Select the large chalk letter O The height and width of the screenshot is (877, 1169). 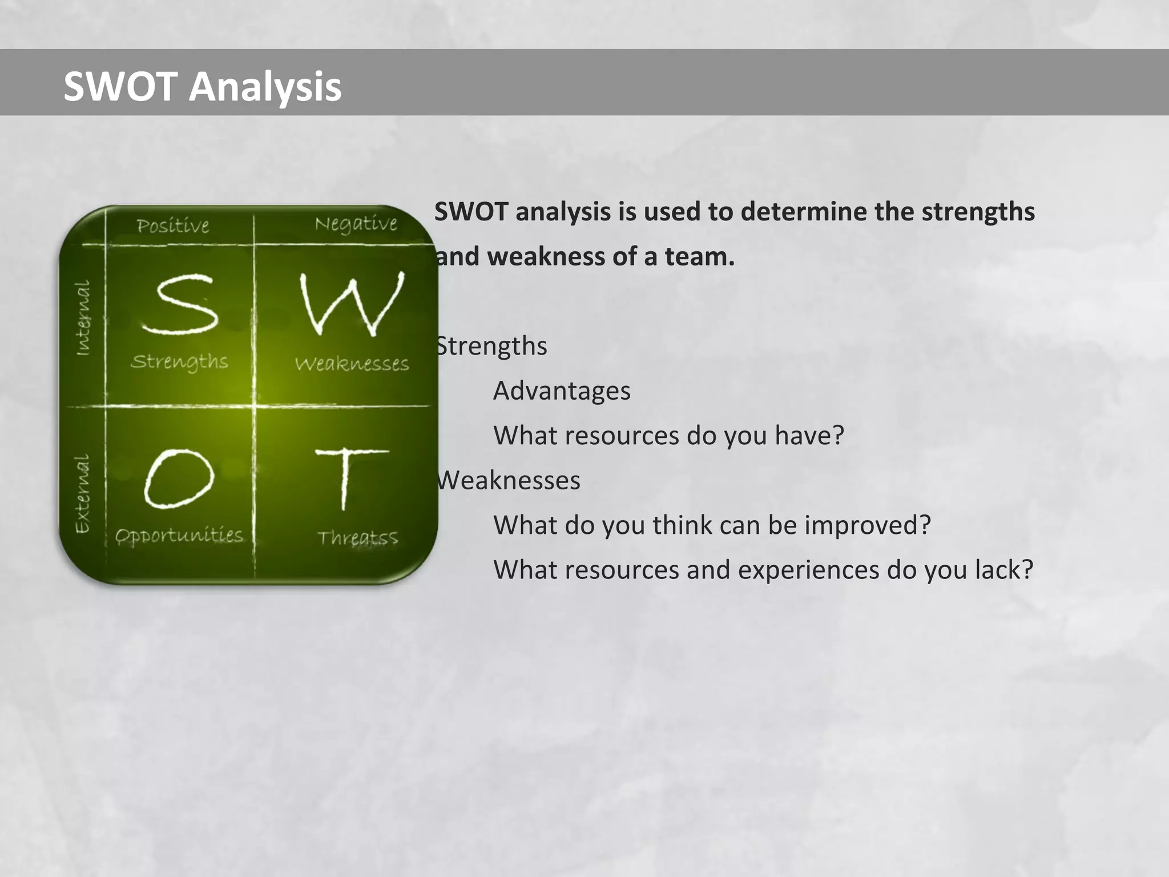[x=179, y=478]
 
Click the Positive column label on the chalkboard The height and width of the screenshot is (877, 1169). [x=173, y=226]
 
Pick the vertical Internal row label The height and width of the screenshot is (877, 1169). [x=83, y=318]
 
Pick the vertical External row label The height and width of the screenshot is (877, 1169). [x=83, y=493]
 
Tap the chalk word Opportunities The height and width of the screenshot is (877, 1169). [x=179, y=536]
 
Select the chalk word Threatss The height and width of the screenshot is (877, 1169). [x=357, y=538]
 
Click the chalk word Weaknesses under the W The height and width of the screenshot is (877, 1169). [x=352, y=364]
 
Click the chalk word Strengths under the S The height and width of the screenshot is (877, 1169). [x=179, y=361]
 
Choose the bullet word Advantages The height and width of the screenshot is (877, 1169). [x=562, y=391]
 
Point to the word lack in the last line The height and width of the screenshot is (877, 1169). [x=1004, y=570]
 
